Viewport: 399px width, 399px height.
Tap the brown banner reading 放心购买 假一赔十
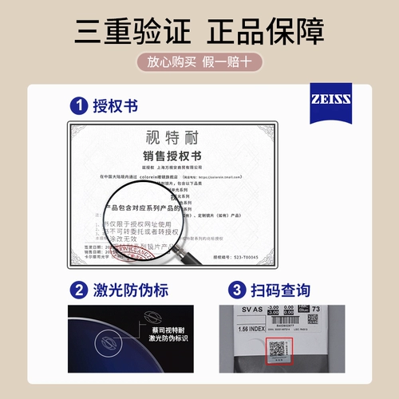tap(199, 61)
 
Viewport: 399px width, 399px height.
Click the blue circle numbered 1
tap(78, 105)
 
